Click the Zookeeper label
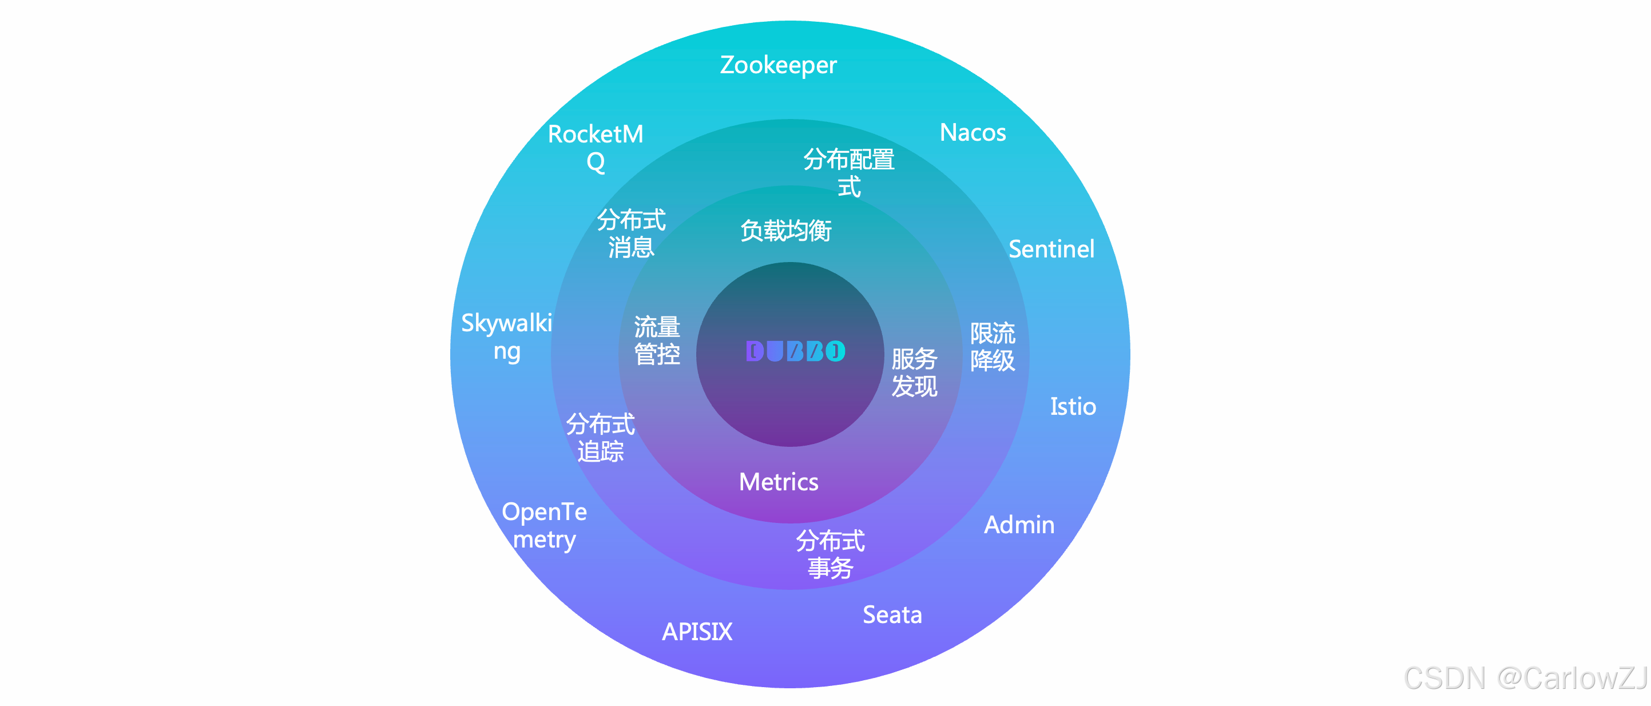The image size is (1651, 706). point(778,65)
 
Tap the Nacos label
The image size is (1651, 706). point(973,133)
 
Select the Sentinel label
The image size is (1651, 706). point(1051,249)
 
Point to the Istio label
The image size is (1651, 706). point(1072,407)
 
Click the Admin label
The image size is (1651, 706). point(1019,525)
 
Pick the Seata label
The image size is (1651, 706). point(892,615)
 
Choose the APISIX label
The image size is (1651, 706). point(697,632)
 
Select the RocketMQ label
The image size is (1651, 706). point(596,148)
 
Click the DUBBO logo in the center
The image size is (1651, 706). point(795,351)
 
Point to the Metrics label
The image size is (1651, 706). point(778,482)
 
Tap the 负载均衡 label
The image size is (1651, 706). point(786,231)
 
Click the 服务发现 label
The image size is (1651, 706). point(914,372)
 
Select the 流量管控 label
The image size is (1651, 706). point(657,340)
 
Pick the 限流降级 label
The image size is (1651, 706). point(992,347)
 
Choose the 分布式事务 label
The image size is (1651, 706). point(830,554)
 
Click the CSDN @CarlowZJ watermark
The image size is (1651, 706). point(1525,679)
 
